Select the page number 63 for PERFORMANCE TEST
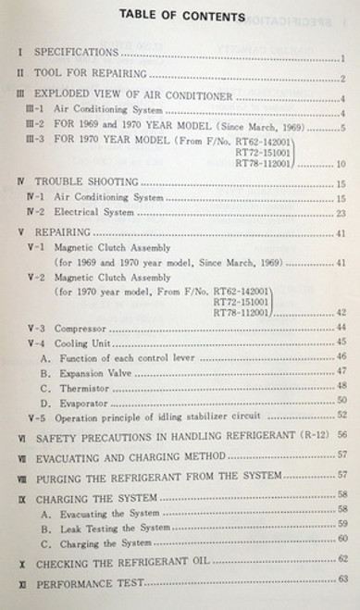click(x=342, y=579)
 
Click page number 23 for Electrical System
click(x=341, y=213)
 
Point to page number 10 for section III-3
click(x=341, y=164)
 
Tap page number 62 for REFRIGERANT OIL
click(x=342, y=560)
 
